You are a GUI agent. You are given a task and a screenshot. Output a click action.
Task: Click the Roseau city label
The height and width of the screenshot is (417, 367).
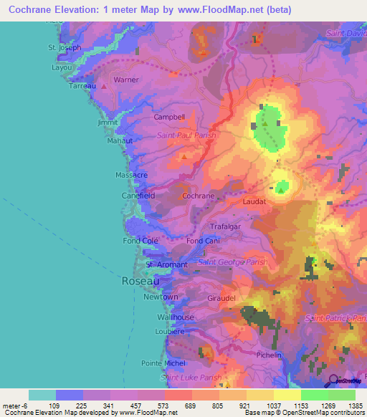point(140,282)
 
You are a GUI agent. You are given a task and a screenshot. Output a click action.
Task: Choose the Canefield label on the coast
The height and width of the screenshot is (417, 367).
point(138,195)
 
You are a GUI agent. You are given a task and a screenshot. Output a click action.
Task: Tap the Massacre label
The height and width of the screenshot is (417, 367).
point(131,175)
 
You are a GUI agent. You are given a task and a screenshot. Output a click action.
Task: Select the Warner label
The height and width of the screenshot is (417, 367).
point(126,80)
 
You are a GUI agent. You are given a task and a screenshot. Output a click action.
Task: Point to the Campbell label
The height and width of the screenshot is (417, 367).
point(170,117)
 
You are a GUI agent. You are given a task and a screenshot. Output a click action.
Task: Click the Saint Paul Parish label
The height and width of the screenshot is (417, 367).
point(186,134)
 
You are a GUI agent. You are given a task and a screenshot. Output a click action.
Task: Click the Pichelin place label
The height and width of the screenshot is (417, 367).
point(269,355)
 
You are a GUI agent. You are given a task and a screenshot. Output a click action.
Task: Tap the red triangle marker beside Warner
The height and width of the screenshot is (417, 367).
point(104,85)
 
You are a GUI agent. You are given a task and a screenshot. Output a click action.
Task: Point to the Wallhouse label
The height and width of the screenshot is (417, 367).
point(176,317)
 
